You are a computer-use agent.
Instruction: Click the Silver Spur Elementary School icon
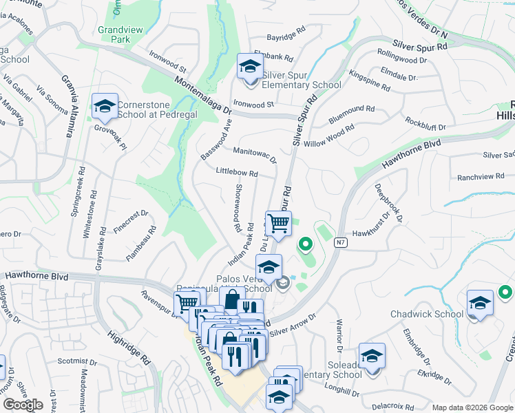tap(250, 67)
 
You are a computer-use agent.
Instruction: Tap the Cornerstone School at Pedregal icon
tap(105, 106)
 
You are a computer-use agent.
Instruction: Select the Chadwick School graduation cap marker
tap(480, 304)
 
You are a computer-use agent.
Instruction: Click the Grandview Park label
tap(114, 34)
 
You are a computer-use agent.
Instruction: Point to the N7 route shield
tap(340, 242)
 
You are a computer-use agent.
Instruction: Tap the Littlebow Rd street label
tap(236, 172)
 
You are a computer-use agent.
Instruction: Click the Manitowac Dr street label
tap(255, 154)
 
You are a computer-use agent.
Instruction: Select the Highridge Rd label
tap(129, 348)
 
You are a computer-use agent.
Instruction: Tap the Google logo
tap(23, 405)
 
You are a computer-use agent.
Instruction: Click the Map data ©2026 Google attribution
tap(472, 407)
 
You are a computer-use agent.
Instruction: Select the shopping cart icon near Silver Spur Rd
tap(278, 223)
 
